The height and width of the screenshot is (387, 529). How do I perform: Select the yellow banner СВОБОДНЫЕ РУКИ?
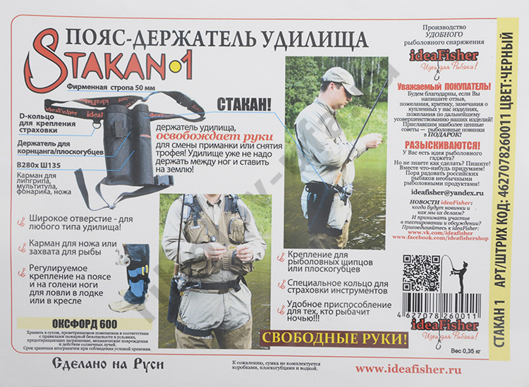tap(334, 338)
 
